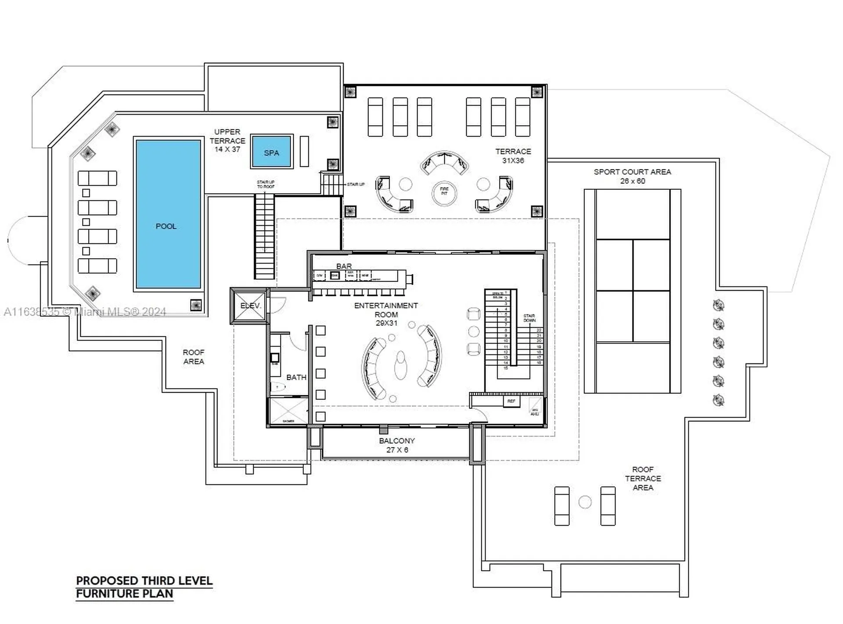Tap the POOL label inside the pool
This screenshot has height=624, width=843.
166,226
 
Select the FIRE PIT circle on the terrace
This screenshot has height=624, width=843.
444,193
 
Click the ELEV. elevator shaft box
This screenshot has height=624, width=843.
250,305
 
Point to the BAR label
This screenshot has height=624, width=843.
344,266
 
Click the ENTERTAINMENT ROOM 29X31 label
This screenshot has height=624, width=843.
386,314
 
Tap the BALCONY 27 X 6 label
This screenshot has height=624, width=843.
397,445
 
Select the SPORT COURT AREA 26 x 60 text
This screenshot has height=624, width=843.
632,176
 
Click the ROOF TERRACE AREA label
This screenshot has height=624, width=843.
643,478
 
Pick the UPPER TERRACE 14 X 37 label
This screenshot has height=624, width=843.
227,141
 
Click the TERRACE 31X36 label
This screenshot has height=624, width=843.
513,156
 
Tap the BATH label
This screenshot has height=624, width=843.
296,377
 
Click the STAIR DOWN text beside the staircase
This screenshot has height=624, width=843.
529,318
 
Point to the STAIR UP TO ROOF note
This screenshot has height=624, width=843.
266,184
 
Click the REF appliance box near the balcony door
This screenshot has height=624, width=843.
511,401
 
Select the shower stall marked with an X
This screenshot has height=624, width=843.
288,411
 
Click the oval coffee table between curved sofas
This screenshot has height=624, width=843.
400,365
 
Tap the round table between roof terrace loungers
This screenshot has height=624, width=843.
585,502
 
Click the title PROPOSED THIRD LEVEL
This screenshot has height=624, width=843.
144,581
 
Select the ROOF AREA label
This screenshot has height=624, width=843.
194,357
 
